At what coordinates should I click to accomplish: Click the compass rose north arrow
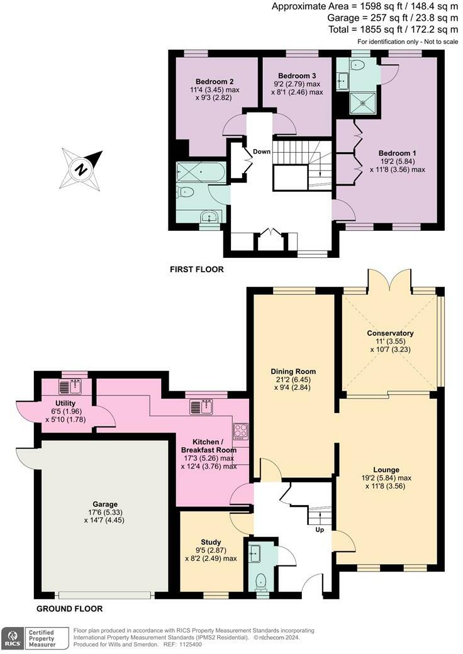[81, 169]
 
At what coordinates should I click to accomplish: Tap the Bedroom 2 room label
[215, 82]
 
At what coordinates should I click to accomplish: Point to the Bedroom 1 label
[397, 153]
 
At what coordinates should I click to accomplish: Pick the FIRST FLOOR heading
[196, 270]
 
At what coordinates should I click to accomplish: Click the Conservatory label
[391, 333]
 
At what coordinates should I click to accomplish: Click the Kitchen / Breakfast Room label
[209, 445]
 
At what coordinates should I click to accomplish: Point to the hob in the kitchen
[241, 431]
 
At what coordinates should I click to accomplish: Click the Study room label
[211, 541]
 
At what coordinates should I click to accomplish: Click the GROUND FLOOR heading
[69, 609]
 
